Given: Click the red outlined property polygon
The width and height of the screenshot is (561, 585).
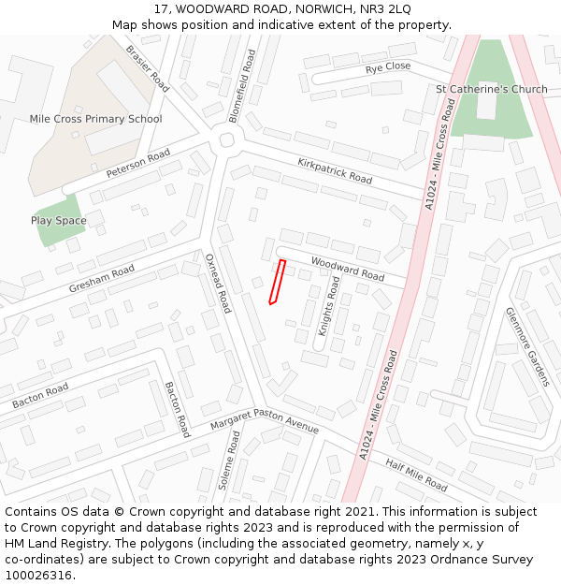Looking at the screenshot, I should pos(277,282).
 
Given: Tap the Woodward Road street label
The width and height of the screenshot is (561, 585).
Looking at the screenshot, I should pos(348,270).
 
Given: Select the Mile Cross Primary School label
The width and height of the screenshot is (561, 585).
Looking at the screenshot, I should pos(95,119).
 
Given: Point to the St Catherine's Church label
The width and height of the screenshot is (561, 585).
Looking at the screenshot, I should pos(492,89).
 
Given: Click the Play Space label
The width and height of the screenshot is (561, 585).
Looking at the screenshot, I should pos(59,221).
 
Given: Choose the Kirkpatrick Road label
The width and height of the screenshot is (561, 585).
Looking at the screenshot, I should pos(335,170).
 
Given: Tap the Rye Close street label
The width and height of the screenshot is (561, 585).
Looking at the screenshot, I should pos(388,67).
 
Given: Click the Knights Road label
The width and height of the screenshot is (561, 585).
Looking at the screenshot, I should pos(329,306).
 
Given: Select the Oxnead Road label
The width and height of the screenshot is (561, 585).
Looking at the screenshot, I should pos(218,282).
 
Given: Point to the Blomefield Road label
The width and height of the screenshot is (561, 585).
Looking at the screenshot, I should pos(241,86).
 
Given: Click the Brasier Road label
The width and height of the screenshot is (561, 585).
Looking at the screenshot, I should pos(147,68).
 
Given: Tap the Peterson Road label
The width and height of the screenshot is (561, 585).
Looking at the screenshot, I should pos(138,164).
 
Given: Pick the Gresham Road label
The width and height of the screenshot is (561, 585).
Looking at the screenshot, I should pos(102,279).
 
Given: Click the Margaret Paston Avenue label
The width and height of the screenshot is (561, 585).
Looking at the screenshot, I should pos(265,421).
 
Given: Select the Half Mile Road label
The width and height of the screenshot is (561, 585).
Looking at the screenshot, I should pos(416,475).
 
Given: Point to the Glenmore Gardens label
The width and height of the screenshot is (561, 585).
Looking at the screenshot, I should pos(527,347).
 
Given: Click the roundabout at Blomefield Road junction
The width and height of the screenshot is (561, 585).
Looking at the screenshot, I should pos(226,140).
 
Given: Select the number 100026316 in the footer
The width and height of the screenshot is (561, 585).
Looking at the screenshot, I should pos(38,575).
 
